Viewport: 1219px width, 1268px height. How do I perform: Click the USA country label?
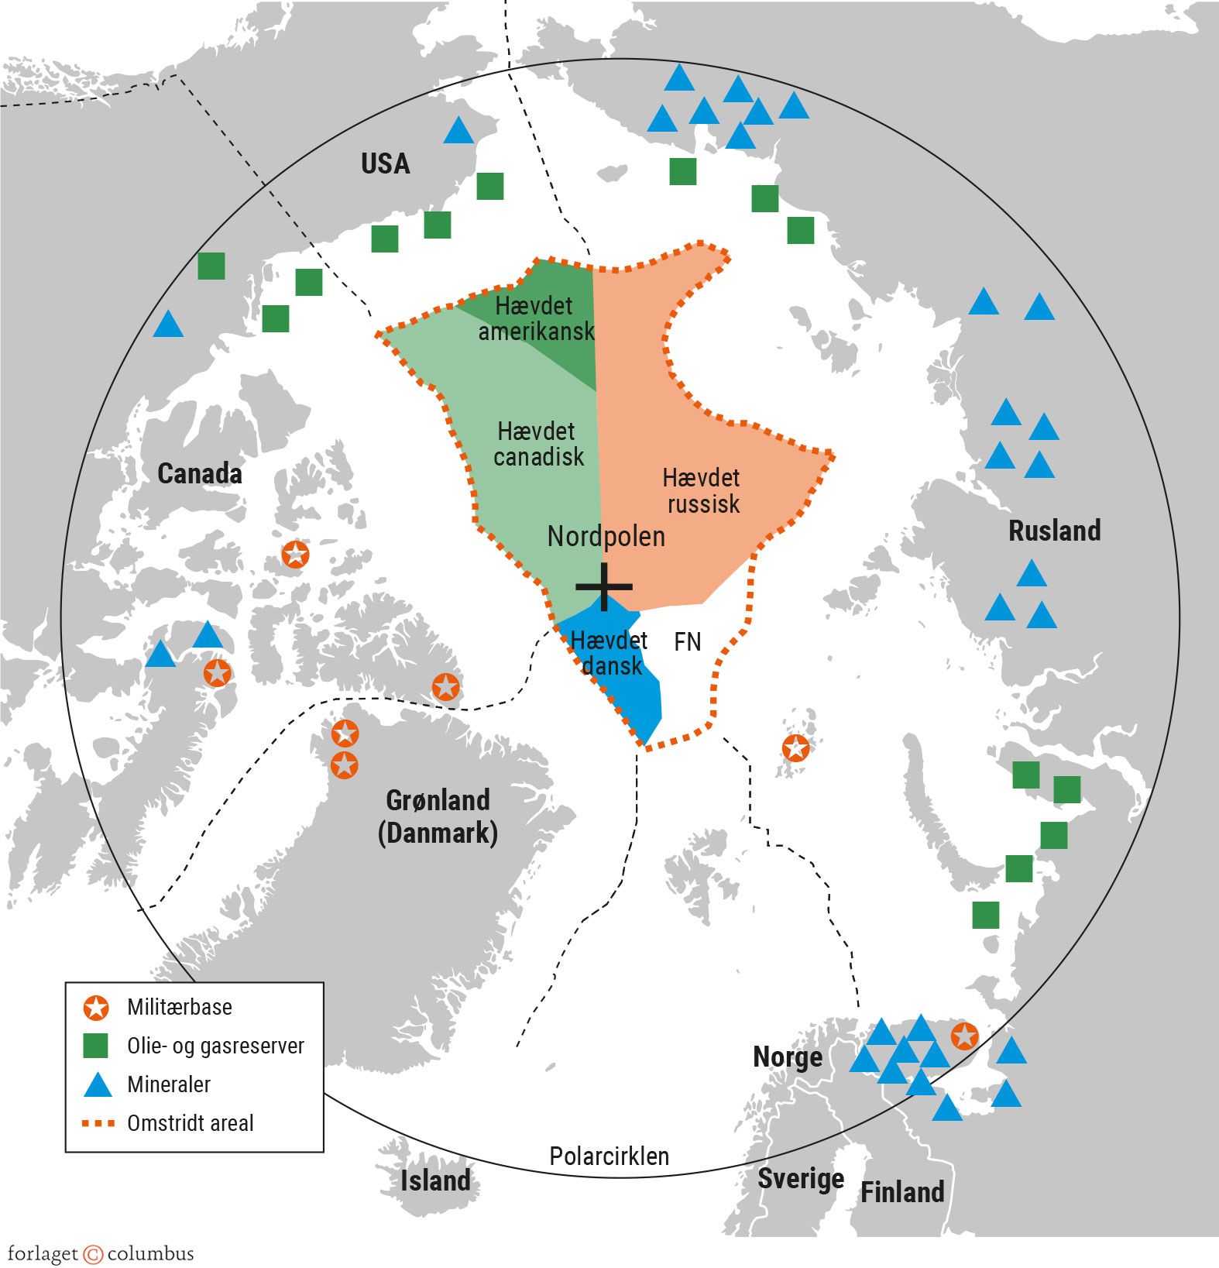(385, 163)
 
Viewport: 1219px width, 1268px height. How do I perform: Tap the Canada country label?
(199, 473)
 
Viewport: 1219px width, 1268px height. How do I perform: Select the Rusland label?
(1054, 531)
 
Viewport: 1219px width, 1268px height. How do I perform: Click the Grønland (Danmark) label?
(438, 816)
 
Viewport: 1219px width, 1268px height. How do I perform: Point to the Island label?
(434, 1180)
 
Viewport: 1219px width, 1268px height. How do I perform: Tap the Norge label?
(787, 1057)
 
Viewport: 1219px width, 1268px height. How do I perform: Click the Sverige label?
(800, 1178)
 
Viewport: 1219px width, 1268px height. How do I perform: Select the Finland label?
(902, 1191)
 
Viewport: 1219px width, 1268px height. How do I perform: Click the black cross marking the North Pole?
(604, 586)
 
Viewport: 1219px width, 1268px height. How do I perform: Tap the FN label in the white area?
(687, 641)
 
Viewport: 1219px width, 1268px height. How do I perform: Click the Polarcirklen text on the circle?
(609, 1156)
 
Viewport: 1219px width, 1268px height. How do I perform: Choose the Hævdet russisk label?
(702, 490)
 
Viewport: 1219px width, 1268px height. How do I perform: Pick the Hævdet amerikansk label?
(535, 318)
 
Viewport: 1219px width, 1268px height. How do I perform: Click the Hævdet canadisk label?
(537, 444)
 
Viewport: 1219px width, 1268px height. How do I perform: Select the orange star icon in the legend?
(96, 1008)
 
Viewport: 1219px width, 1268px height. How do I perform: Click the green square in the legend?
(96, 1046)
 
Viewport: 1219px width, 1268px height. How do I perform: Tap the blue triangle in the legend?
(98, 1084)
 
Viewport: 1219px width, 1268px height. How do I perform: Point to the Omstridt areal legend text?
(190, 1123)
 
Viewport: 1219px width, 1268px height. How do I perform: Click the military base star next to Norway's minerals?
(964, 1035)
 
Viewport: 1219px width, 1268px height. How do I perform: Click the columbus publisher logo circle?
(93, 1254)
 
